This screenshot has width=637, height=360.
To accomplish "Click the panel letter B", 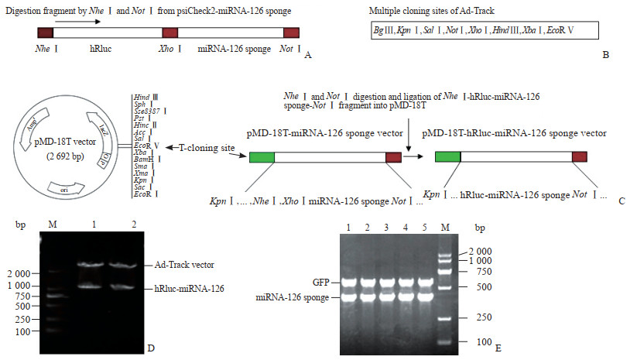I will pos(605,55).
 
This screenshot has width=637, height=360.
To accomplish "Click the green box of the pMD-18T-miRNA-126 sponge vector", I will pos(262,157).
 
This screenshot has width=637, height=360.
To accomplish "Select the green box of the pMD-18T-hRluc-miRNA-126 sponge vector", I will pos(448,156).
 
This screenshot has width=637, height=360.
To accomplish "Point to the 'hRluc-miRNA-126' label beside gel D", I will pos(184,287).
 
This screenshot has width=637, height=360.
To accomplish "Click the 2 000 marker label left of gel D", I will pos(18,273).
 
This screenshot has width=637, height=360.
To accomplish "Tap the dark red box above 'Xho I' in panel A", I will pos(170,33).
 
